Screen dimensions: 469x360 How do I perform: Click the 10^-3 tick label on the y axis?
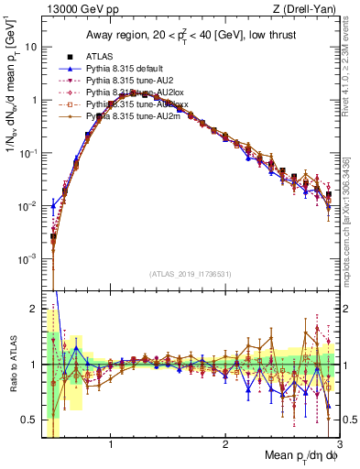tap(28, 259)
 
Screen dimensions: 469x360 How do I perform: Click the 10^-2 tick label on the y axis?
tap(28, 206)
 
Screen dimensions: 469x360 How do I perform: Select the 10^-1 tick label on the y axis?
tap(28, 153)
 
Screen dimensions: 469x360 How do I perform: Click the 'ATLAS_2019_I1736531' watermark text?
tap(190, 274)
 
